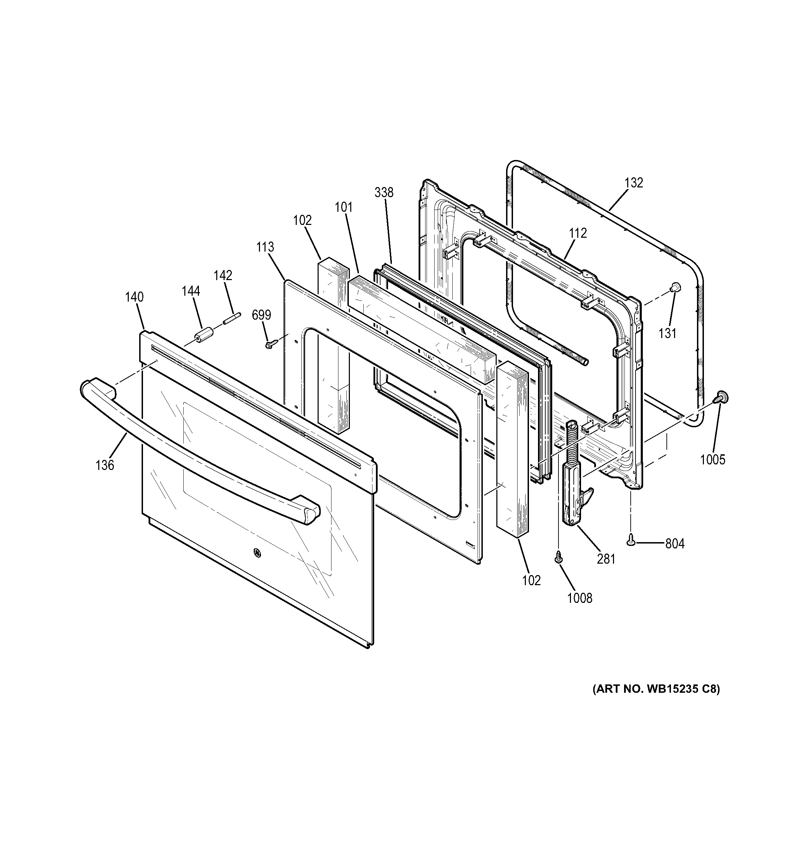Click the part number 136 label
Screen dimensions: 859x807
tap(104, 465)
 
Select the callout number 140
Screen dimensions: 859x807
tap(134, 297)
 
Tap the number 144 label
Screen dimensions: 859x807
tap(191, 291)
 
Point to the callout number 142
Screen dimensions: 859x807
tap(223, 275)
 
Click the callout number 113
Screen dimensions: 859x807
tap(265, 247)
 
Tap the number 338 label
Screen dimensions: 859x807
tap(384, 192)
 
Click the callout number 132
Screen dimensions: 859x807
tap(634, 183)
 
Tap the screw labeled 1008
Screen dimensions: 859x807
tap(558, 558)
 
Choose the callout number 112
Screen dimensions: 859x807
tap(578, 233)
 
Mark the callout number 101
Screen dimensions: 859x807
tap(343, 208)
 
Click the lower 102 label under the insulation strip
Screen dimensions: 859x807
tap(531, 580)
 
